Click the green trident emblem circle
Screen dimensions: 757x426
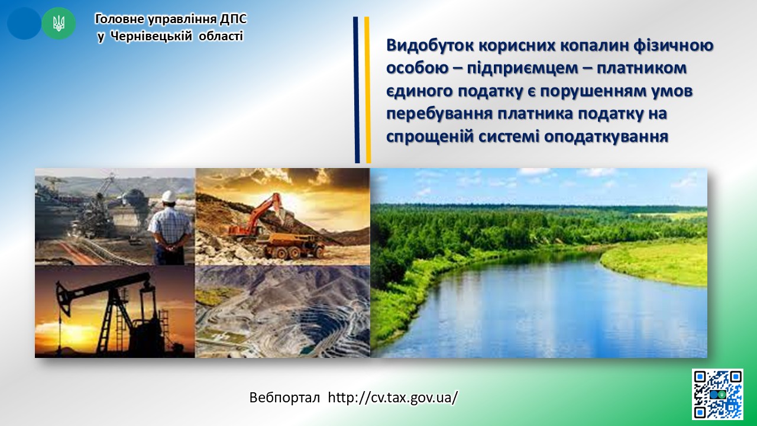click(x=59, y=23)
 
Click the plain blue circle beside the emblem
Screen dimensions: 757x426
click(x=24, y=23)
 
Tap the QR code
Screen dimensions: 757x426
click(x=718, y=394)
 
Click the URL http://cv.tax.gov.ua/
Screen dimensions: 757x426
click(x=393, y=398)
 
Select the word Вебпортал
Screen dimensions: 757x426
click(x=284, y=398)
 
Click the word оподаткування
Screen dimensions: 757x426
click(x=606, y=137)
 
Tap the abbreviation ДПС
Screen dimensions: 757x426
click(x=234, y=20)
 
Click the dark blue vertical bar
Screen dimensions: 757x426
click(x=357, y=90)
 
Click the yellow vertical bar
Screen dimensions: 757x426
click(x=367, y=90)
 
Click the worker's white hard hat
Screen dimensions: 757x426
click(x=169, y=196)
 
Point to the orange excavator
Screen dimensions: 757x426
click(x=257, y=217)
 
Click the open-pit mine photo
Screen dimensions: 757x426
click(x=283, y=311)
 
